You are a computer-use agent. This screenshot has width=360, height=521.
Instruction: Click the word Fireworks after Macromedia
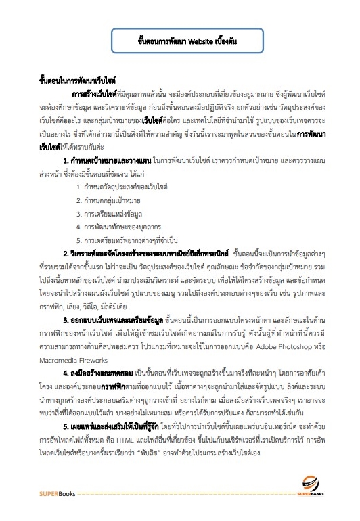(x=102, y=361)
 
